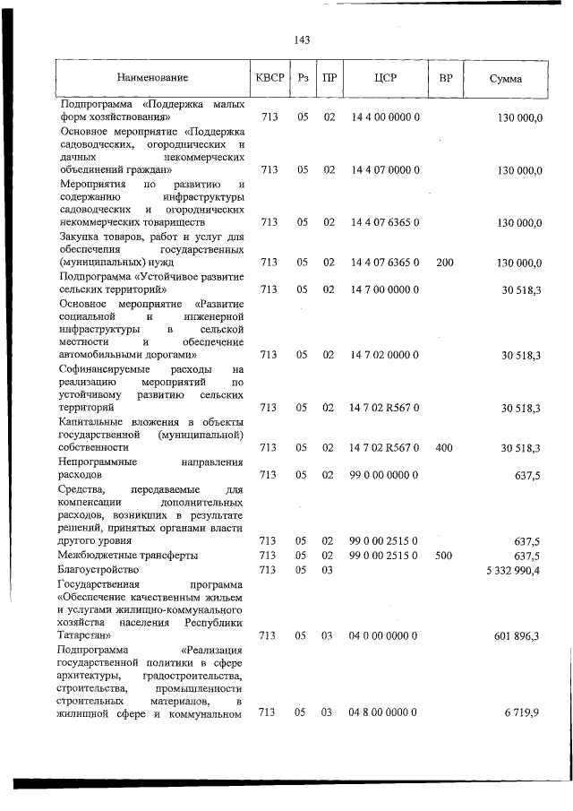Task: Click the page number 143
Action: click(302, 40)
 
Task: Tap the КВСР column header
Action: click(269, 78)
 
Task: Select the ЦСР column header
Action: click(386, 78)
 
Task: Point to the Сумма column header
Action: click(505, 79)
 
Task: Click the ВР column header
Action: click(444, 78)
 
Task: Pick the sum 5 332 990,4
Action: click(511, 570)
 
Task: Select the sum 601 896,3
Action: click(516, 635)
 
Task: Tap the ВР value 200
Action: click(444, 263)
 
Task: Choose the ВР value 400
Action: click(444, 447)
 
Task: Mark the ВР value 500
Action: click(444, 556)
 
